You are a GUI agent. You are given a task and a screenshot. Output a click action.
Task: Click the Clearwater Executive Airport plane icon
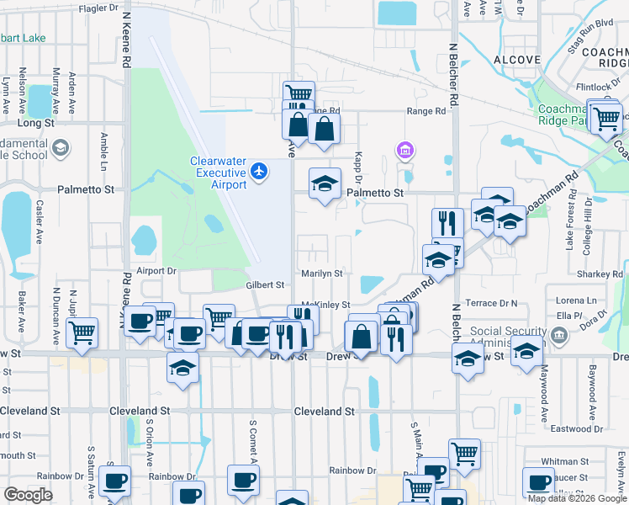(x=259, y=172)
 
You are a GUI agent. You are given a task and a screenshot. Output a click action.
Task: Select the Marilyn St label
(x=322, y=274)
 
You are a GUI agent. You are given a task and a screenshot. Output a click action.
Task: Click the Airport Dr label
(x=156, y=271)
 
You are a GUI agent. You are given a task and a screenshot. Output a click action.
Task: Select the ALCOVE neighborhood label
(x=517, y=60)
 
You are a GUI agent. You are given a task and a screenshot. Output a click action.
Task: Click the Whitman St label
(x=564, y=461)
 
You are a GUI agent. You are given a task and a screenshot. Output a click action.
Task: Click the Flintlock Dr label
(x=597, y=87)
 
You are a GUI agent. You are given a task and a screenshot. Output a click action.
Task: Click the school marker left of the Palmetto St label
(x=325, y=185)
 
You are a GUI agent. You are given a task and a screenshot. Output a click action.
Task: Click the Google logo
(x=29, y=495)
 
